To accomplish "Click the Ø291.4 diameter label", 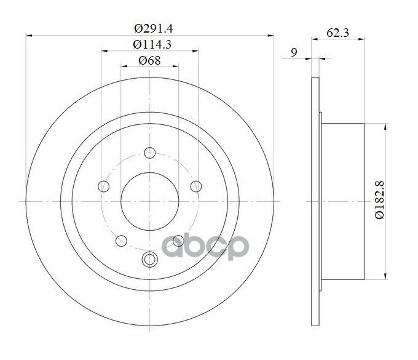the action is [x=153, y=28].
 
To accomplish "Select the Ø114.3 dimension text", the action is [x=152, y=44].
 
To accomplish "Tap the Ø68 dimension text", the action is [x=149, y=60].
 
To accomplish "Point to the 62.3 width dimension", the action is [x=337, y=33].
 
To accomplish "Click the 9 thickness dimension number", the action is [x=294, y=52].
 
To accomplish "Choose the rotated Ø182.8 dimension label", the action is [x=380, y=200].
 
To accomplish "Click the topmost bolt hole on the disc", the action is [x=150, y=153].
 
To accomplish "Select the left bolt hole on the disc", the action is [x=104, y=186].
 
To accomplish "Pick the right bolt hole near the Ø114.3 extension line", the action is [x=196, y=186].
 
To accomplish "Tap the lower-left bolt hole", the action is [x=121, y=241].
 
